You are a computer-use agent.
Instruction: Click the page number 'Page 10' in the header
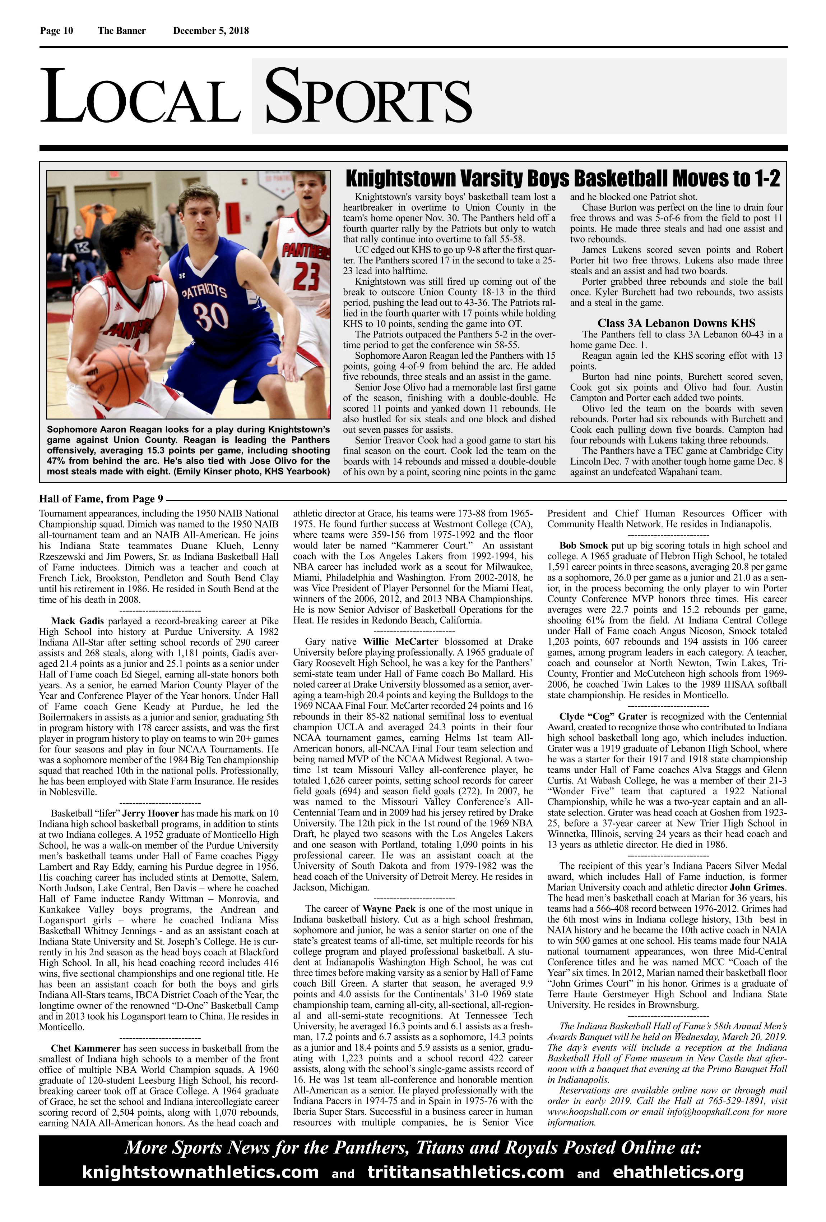56,31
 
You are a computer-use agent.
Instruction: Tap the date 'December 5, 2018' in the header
211,31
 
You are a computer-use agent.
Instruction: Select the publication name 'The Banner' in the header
121,31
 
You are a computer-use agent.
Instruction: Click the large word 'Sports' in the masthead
368,98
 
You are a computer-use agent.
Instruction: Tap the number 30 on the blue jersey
210,316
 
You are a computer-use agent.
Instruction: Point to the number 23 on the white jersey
306,276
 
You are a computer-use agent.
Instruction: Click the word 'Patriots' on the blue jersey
204,291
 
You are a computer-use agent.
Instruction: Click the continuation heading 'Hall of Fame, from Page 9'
101,499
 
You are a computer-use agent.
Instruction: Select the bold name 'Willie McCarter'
400,642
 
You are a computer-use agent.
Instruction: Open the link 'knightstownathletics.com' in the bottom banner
200,1172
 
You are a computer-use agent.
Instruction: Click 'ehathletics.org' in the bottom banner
678,1172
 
